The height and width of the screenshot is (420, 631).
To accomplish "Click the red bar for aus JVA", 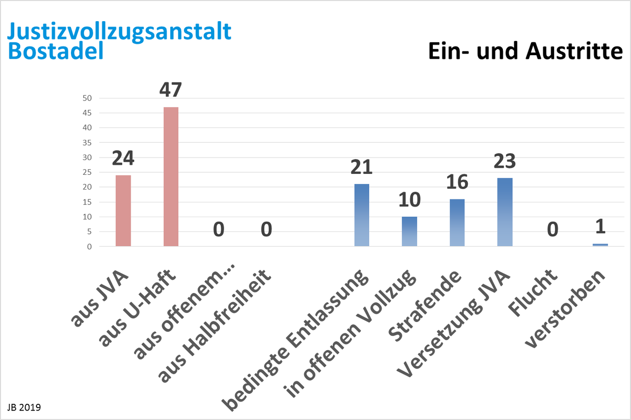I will point(123,211).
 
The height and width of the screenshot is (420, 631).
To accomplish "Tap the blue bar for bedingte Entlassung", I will point(362,215).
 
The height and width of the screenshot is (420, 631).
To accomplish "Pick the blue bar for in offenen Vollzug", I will point(409,231).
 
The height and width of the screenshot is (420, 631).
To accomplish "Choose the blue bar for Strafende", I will point(457,223).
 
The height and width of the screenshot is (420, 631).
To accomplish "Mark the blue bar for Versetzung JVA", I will point(505,212).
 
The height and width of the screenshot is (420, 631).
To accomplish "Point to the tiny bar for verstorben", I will point(600,245).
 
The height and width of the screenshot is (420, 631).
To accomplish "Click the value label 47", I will point(171,90).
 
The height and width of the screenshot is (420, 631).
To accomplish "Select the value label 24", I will point(123,158).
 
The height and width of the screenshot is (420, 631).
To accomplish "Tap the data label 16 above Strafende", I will point(457,182).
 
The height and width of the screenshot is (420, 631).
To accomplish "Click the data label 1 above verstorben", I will point(600,226).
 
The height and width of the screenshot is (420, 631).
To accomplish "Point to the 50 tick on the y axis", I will point(87,98).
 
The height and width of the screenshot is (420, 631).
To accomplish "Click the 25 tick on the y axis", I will point(87,172).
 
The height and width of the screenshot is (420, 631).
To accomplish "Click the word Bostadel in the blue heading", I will point(55,51).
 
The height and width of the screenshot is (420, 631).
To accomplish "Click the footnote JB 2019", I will point(24,408).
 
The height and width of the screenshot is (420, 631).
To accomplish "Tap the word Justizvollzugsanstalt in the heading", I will point(119,31).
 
